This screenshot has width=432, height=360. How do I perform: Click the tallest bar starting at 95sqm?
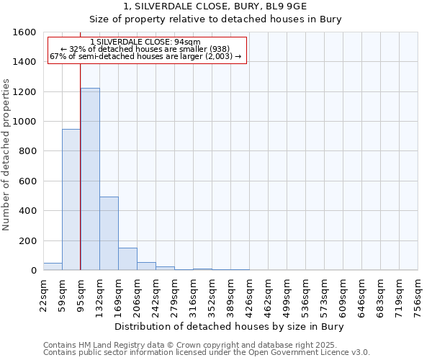pyautogui.click(x=90, y=179)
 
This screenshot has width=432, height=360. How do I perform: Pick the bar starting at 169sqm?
pyautogui.click(x=127, y=259)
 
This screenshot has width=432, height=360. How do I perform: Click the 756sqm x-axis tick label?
pyautogui.click(x=418, y=294)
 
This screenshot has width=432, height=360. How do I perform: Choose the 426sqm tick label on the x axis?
pyautogui.click(x=249, y=294)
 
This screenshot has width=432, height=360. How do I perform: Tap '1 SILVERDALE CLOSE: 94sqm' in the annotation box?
pyautogui.click(x=146, y=42)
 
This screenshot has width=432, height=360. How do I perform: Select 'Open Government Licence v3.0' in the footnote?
pyautogui.click(x=308, y=353)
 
